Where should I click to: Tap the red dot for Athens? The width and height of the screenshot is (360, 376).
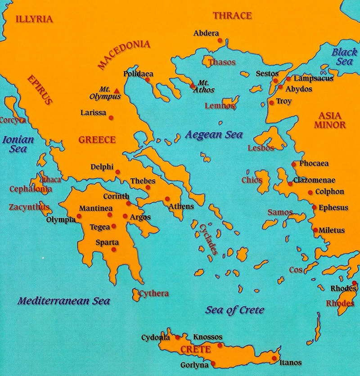[167, 199]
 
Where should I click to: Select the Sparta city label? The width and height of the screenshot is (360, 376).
[107, 242]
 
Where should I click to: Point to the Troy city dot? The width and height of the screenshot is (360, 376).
[271, 103]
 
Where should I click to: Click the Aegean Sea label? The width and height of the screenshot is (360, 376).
[214, 135]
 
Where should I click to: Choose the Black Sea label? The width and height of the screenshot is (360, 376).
[344, 57]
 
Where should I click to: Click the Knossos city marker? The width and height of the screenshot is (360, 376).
[220, 345]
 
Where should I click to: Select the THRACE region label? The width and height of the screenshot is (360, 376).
[232, 16]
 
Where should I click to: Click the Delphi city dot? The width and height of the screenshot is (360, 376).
[118, 172]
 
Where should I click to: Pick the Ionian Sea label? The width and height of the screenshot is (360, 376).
[18, 144]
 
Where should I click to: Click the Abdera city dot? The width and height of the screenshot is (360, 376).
[220, 40]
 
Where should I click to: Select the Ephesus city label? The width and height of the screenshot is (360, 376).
[333, 208]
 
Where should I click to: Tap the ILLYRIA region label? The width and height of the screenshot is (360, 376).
[34, 19]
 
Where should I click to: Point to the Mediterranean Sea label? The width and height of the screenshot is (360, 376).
[64, 301]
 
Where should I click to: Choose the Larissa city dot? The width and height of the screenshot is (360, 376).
[111, 118]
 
